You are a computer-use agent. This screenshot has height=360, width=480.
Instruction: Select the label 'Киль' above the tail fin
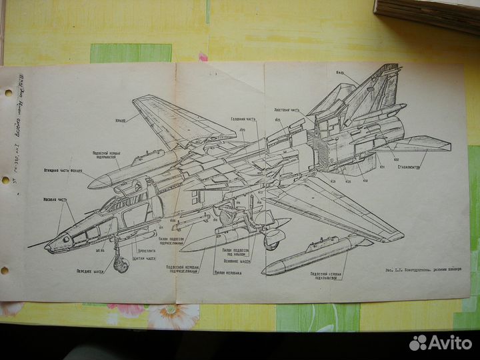pyautogui.click(x=340, y=72)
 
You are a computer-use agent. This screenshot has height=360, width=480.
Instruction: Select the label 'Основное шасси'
pyautogui.click(x=236, y=261)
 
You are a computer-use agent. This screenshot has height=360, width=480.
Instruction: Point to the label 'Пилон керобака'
pyautogui.click(x=228, y=273)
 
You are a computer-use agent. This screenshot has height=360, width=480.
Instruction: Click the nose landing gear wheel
pyautogui.click(x=121, y=265)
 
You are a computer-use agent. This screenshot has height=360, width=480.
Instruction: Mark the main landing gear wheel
pyautogui.click(x=271, y=242)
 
